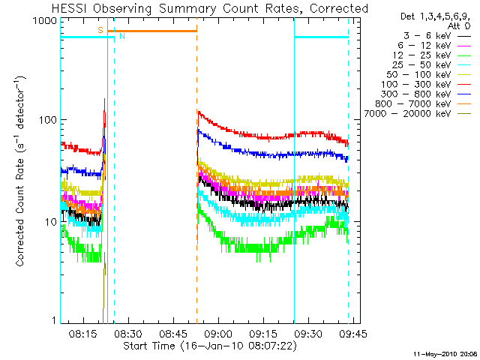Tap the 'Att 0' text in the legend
click(459, 25)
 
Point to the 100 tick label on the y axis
click(48, 120)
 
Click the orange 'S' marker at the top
click(100, 30)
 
